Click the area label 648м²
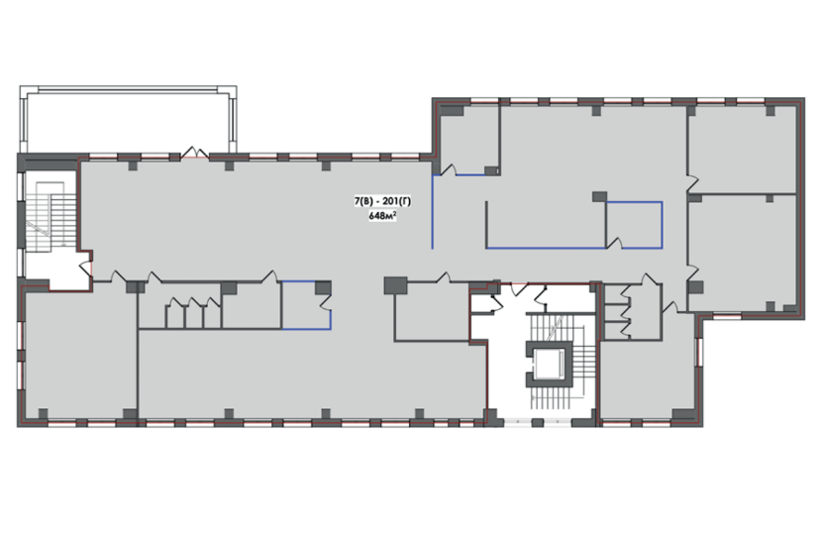(382, 216)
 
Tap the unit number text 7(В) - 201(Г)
(382, 201)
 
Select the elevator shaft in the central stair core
(549, 364)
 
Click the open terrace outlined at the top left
(128, 119)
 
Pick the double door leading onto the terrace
(195, 153)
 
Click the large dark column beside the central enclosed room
(395, 285)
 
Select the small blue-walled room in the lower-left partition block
(306, 305)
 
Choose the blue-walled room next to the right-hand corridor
(634, 225)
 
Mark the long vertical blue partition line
(433, 211)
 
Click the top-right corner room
(742, 150)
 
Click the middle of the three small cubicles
(194, 315)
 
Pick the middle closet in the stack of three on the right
(616, 312)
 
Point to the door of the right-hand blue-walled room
(614, 244)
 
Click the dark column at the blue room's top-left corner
(599, 197)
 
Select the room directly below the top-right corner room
(742, 253)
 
